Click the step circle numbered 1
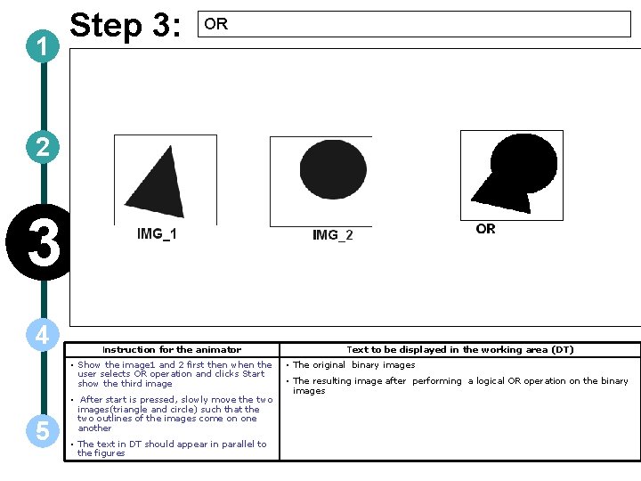(43, 48)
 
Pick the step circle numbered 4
(43, 335)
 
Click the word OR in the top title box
(216, 25)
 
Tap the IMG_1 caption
(157, 234)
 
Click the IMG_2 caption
(332, 235)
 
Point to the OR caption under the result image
(485, 229)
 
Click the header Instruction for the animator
(172, 350)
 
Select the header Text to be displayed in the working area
(459, 350)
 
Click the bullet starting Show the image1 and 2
(174, 374)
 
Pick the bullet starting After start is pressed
(174, 413)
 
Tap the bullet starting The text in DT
(171, 448)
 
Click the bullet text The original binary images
(353, 365)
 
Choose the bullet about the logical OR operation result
(459, 386)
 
